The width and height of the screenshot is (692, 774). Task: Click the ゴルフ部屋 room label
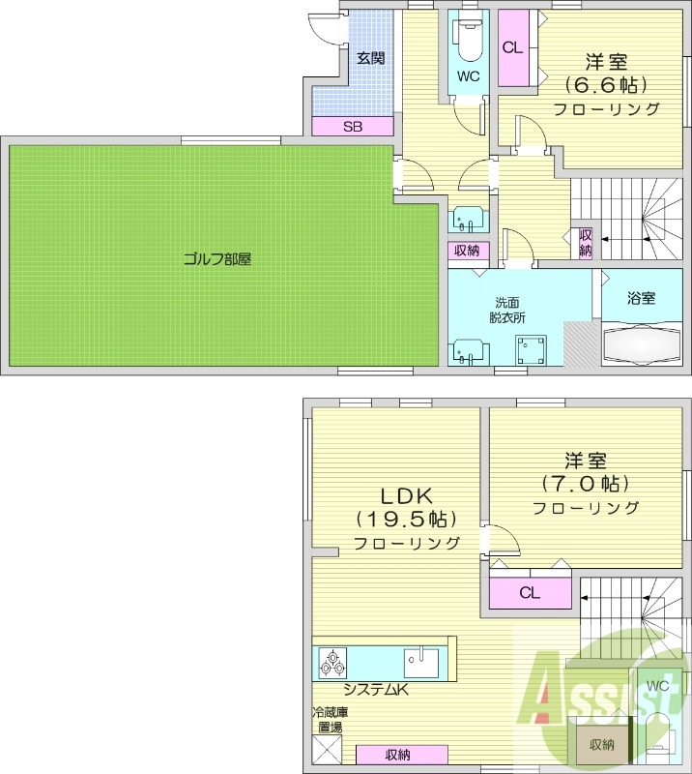point(217,259)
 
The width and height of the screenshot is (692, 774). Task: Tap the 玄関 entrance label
point(370,58)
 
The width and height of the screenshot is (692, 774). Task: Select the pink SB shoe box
point(352,126)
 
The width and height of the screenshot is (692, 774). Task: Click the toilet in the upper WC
point(468,39)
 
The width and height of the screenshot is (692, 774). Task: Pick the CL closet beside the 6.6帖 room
point(513,46)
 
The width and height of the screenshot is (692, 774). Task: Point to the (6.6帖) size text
point(606,83)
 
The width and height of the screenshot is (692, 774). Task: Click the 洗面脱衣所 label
point(506,310)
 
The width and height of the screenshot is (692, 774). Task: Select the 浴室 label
point(641,298)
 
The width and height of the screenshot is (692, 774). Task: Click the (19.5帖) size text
point(406,518)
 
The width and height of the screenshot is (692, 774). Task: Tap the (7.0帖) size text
point(585,482)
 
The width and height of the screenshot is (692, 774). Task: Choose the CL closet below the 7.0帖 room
point(529,593)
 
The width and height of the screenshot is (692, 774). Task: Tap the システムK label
point(377,690)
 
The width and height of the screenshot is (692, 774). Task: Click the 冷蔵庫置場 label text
point(329,720)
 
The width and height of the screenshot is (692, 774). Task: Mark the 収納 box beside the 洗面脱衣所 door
point(467,251)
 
